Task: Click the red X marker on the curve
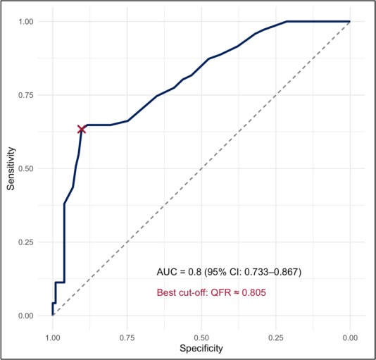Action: (x=82, y=129)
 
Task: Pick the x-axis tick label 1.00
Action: (x=53, y=337)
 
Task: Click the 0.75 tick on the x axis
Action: (x=127, y=337)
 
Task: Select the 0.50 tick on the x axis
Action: (x=201, y=337)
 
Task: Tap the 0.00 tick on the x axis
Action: (x=350, y=337)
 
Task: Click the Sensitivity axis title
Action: (x=11, y=168)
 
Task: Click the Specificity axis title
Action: (x=201, y=349)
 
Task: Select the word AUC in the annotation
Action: (x=165, y=272)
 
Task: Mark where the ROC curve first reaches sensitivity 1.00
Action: (x=286, y=21)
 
